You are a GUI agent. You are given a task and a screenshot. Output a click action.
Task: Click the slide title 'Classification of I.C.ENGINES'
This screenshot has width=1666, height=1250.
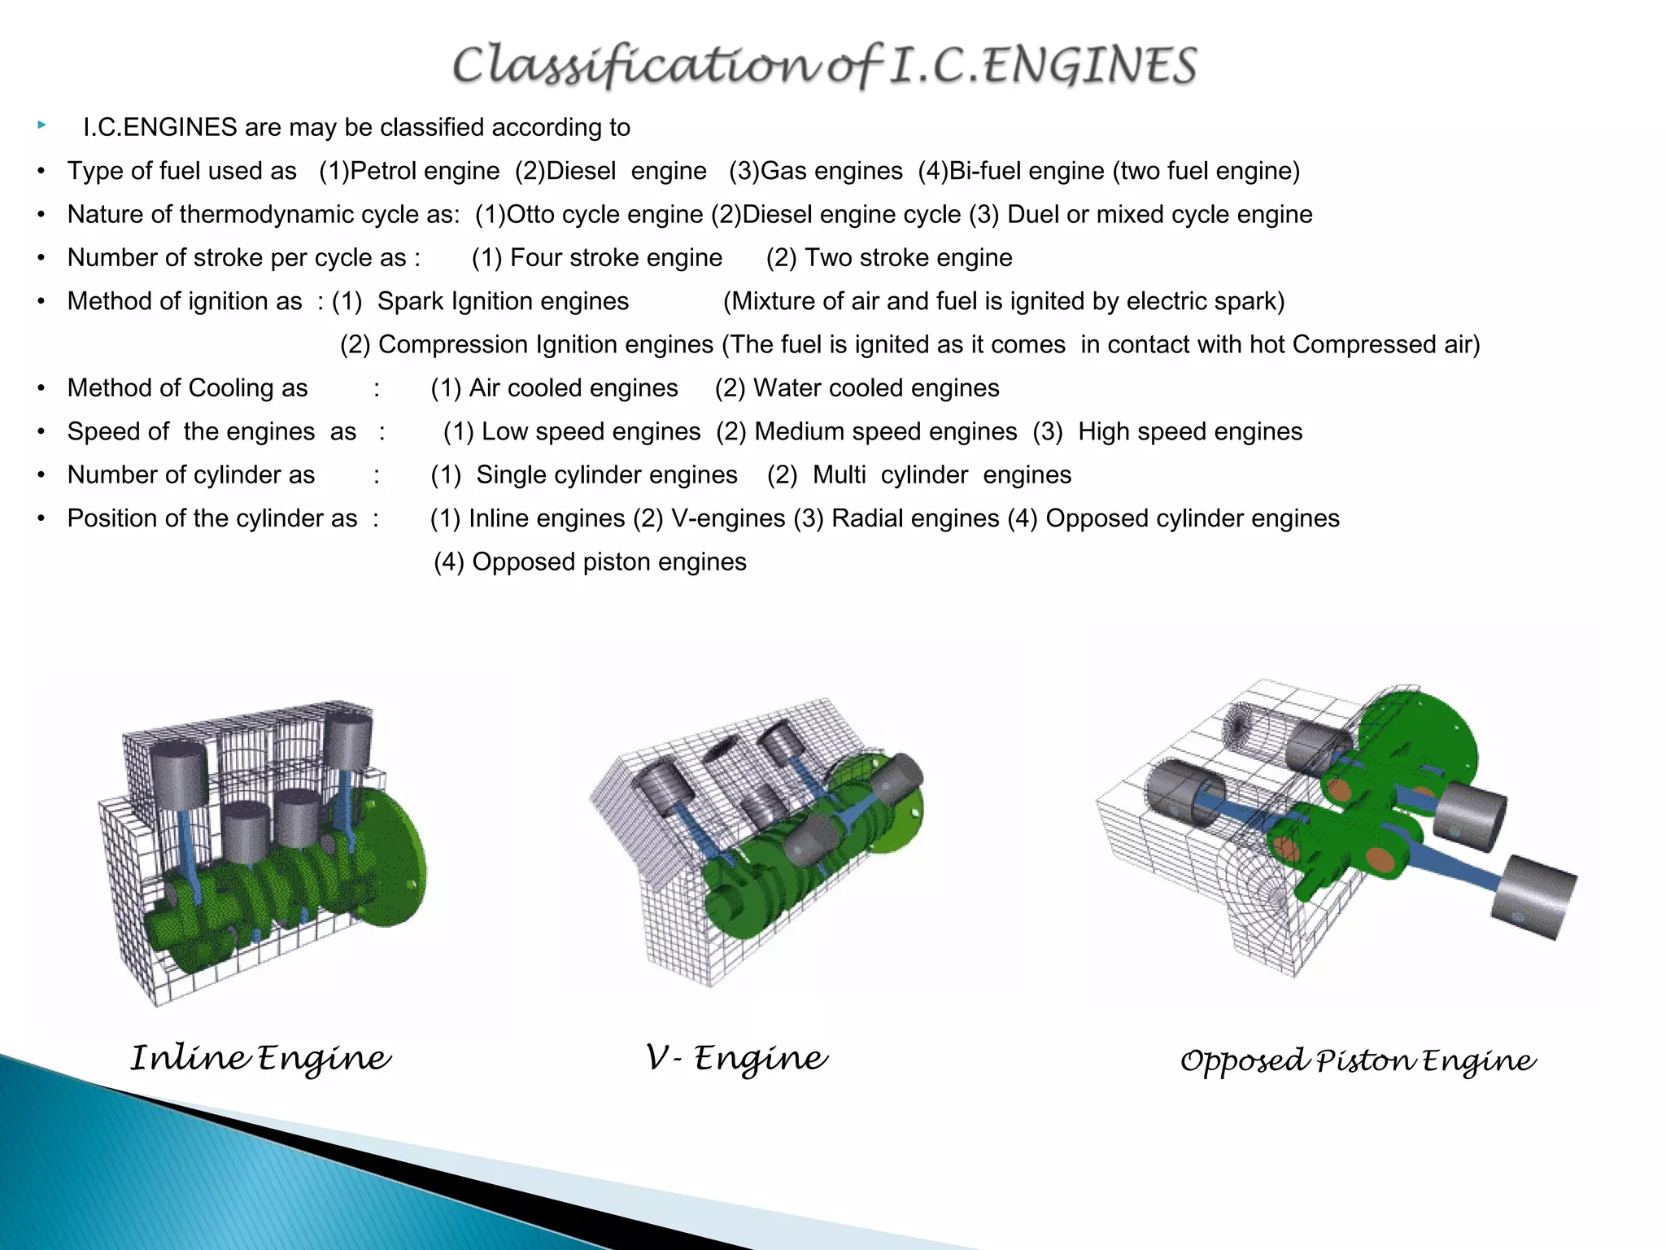tap(824, 65)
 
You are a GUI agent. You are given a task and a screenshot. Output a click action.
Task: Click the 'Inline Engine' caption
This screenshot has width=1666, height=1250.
tap(260, 1059)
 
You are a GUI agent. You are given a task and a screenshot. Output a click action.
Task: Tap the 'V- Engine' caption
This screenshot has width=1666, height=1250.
tap(736, 1059)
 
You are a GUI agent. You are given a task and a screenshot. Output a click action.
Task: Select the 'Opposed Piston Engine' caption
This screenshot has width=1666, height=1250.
tap(1358, 1061)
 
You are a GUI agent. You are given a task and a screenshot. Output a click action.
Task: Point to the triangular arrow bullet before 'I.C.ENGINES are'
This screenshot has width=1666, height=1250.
tap(41, 125)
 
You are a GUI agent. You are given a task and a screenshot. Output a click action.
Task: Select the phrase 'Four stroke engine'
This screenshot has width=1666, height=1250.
tap(616, 258)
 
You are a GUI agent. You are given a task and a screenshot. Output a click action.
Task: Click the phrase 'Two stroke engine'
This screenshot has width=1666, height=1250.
tap(908, 258)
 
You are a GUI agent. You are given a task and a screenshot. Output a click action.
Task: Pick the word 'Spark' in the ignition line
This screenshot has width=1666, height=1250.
tap(411, 301)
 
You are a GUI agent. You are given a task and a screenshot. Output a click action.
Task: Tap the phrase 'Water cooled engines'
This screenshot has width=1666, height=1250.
tap(876, 388)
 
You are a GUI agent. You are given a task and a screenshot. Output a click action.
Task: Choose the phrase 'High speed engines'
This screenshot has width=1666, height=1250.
tap(1189, 431)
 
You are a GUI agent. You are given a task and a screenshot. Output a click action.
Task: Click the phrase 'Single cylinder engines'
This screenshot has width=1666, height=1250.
tap(606, 475)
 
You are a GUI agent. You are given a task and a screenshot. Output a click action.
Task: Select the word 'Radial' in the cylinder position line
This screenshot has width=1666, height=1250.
tap(868, 518)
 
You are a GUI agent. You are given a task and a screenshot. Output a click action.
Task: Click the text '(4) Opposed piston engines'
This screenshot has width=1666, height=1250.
tap(590, 562)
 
